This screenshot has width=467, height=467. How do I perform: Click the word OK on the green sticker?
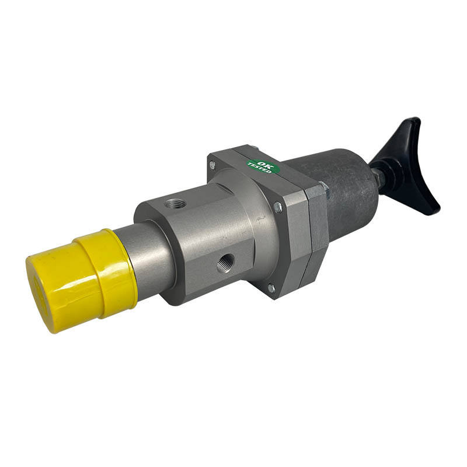[x=263, y=164]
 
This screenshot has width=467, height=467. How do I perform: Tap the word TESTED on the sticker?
[x=260, y=169]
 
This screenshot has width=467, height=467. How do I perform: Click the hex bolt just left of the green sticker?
[x=212, y=164]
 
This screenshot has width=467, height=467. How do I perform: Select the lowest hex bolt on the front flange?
[x=271, y=288]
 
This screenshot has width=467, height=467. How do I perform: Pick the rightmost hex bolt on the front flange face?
[x=278, y=207]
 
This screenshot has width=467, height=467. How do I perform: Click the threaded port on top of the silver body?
[x=176, y=204]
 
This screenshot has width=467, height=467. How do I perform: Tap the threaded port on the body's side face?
[x=225, y=263]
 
